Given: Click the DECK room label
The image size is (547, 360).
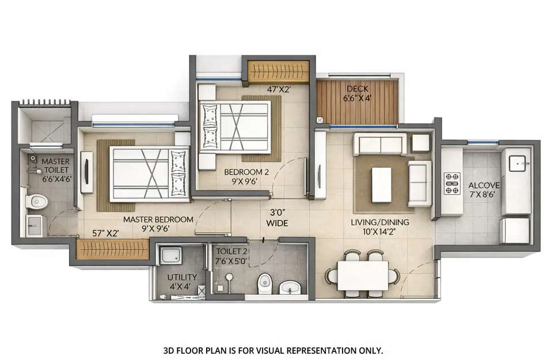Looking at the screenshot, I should click(358, 93).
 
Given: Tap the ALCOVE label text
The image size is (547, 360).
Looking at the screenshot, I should click(484, 190).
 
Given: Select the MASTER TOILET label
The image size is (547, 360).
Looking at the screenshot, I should click(55, 170).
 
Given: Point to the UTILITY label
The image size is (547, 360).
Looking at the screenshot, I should click(182, 281).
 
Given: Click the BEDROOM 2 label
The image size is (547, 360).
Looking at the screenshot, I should click(246, 176).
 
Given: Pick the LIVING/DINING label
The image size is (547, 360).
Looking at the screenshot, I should click(380, 226).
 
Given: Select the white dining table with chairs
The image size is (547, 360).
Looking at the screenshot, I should click(363, 275).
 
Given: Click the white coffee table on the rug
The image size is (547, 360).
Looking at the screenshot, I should click(382, 184).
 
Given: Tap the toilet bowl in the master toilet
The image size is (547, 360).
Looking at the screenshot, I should click(36, 202).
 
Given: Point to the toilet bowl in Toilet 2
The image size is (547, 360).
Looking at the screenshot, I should click(264, 283).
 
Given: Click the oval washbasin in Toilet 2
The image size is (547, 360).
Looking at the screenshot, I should click(290, 286).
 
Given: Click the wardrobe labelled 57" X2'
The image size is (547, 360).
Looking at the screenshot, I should click(113, 249).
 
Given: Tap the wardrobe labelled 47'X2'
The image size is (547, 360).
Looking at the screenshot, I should click(279, 71).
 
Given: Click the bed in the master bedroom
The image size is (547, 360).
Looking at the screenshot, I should click(149, 173).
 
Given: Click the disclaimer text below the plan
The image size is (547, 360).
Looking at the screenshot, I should click(273, 350).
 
